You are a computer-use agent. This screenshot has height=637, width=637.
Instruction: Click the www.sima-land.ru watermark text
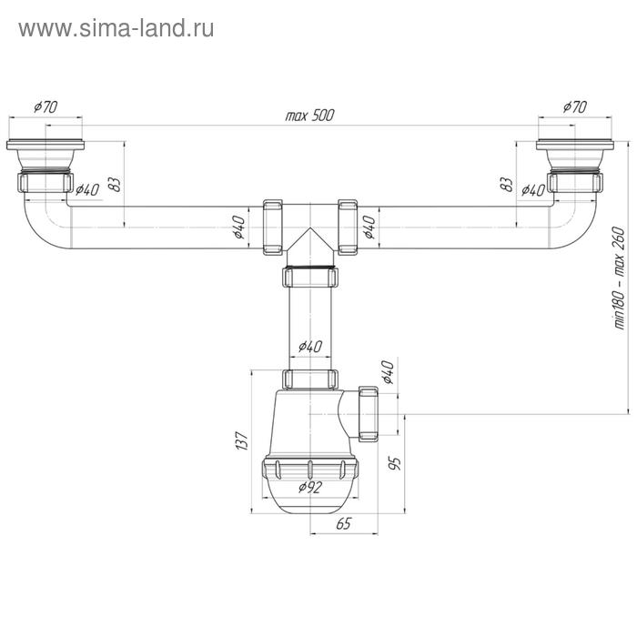[116, 28]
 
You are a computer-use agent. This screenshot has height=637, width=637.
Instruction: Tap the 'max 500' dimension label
[309, 116]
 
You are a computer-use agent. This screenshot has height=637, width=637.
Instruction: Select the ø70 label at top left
[45, 106]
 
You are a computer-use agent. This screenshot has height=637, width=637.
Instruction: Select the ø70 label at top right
[574, 106]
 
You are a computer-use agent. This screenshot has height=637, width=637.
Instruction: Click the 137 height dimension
[242, 440]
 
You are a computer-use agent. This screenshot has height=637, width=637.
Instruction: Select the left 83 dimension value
[115, 183]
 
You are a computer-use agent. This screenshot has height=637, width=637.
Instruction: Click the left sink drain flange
[45, 146]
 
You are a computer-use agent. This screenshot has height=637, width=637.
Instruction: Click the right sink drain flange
[574, 146]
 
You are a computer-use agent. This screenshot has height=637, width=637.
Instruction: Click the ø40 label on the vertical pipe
[309, 346]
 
